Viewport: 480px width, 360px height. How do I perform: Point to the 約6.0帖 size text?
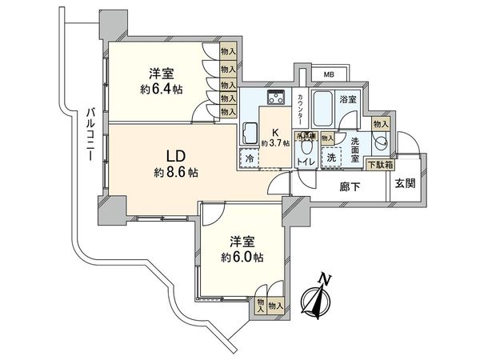(242, 258)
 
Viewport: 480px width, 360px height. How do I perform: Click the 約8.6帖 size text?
(177, 172)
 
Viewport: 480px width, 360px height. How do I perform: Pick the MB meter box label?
(328, 75)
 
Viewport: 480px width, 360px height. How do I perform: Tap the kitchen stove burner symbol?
(277, 99)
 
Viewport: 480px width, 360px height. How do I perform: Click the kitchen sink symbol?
(249, 133)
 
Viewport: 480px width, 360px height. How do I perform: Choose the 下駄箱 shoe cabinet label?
(378, 164)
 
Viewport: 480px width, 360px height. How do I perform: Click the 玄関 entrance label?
(404, 183)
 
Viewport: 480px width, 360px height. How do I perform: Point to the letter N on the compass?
(324, 278)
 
